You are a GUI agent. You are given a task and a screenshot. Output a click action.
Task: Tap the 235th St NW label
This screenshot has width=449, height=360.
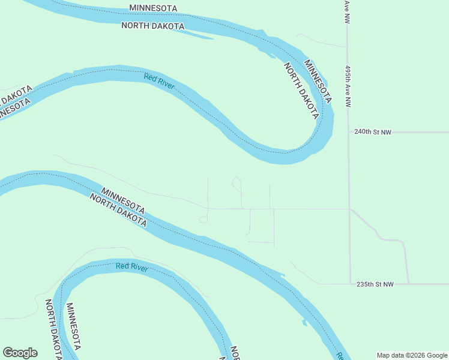[374, 284]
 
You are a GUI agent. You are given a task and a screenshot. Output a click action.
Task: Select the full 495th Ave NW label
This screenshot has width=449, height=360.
[348, 86]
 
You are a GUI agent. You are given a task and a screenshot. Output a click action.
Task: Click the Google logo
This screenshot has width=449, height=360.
[20, 353]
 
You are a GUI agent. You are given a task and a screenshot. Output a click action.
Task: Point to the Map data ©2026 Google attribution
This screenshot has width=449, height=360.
[412, 355]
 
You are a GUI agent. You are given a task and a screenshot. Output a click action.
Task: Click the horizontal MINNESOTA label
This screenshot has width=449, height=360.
[154, 8]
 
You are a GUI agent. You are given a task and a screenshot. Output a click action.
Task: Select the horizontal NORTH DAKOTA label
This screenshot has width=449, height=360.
[152, 26]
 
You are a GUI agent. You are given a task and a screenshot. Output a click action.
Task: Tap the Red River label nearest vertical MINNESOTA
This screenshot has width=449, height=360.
[132, 267]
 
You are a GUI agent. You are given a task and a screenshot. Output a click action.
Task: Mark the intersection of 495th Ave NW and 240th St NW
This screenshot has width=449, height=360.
[349, 132]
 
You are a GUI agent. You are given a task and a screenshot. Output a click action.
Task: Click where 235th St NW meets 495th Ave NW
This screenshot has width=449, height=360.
[350, 284]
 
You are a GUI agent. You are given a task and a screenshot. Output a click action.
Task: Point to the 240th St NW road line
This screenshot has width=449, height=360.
[420, 132]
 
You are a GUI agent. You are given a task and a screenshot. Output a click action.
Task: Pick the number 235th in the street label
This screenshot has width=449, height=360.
[364, 284]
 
